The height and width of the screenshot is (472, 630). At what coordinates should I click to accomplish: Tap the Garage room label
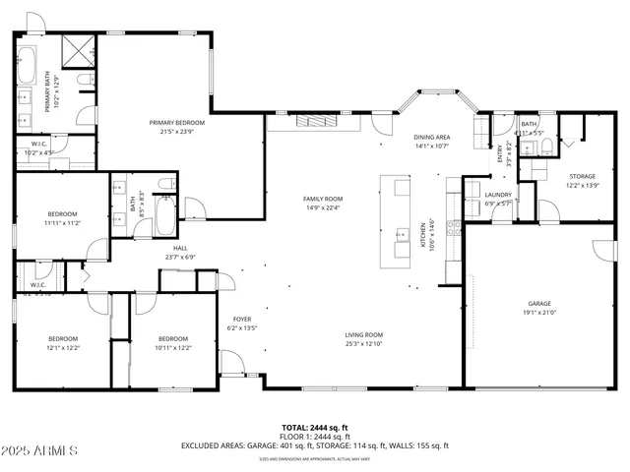[538, 304]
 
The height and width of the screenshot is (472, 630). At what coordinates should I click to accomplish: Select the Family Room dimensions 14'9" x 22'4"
[322, 207]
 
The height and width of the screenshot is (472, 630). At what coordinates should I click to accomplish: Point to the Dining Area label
[431, 137]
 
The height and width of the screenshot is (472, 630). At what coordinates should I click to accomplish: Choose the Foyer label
[241, 320]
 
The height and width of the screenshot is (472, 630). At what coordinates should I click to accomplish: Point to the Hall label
[180, 249]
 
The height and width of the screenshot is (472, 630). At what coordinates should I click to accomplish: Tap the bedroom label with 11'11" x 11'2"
[61, 214]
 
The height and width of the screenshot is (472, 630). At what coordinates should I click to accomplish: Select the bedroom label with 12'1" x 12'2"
[62, 338]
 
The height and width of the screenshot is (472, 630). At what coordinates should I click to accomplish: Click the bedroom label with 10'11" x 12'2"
[172, 338]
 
